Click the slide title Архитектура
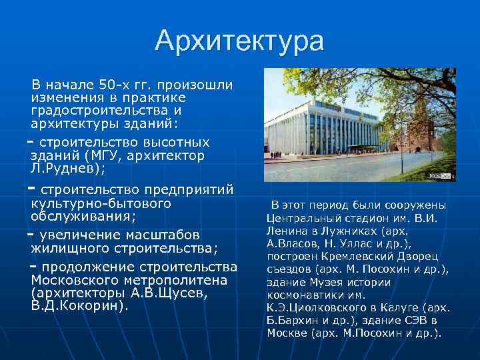(239, 41)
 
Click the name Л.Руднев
(65, 168)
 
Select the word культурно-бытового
(101, 203)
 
